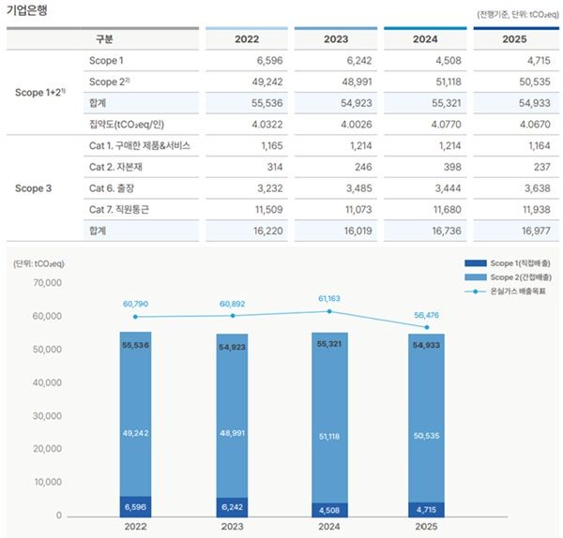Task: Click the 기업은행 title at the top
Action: coord(27,9)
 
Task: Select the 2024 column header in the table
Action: coord(425,39)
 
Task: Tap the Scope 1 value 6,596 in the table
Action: coord(269,61)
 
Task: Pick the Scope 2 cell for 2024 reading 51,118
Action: coord(449,82)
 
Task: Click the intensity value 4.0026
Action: coord(357,125)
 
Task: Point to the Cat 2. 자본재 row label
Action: coord(115,167)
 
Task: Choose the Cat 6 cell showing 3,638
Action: coord(537,188)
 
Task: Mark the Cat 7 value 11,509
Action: coord(269,209)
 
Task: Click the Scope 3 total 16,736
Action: coord(447,231)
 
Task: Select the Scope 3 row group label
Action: coord(34,188)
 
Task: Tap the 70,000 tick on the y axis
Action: coord(48,283)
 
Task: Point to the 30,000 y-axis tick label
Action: coord(48,416)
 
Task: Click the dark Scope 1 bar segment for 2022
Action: coord(135,506)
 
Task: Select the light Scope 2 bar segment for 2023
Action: coord(232,416)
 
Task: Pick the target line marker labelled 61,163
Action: coord(329,311)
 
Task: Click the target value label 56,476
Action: coord(426,315)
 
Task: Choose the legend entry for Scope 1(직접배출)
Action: coord(508,263)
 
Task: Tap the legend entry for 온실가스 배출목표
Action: coord(505,291)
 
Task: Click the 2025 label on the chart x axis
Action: coord(426,527)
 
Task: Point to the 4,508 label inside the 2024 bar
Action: coord(329,510)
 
